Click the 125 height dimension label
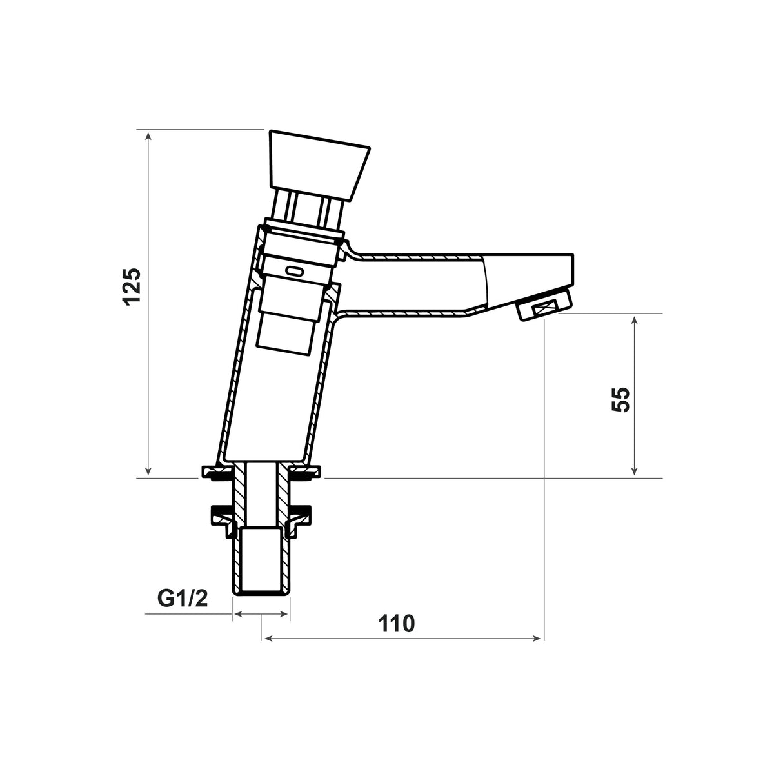pyautogui.click(x=133, y=287)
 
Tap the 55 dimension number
pyautogui.click(x=620, y=399)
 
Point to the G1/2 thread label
pyautogui.click(x=183, y=599)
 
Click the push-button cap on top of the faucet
pyautogui.click(x=319, y=164)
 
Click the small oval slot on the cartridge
pyautogui.click(x=295, y=272)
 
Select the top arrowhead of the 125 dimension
pyautogui.click(x=148, y=137)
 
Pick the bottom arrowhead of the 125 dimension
pyautogui.click(x=148, y=470)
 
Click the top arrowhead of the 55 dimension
pyautogui.click(x=635, y=321)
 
